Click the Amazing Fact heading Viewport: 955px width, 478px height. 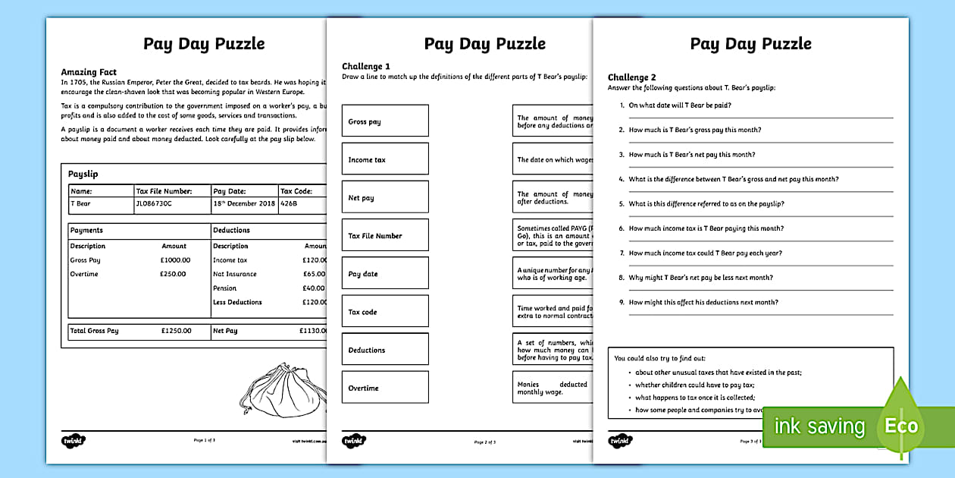click(x=89, y=72)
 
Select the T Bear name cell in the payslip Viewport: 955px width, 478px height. click(x=80, y=204)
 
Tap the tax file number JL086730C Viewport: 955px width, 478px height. click(x=154, y=204)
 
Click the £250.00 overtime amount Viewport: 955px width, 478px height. click(x=173, y=274)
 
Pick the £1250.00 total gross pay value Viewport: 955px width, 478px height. click(x=176, y=331)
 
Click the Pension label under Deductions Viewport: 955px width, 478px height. click(x=225, y=288)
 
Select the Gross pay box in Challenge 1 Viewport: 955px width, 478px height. click(x=385, y=121)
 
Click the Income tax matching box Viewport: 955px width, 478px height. click(x=385, y=159)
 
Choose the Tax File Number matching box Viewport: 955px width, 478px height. click(x=385, y=235)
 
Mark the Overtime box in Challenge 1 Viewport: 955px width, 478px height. click(x=385, y=388)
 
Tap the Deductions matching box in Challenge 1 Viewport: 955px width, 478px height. click(x=385, y=350)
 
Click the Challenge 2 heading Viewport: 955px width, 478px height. click(x=632, y=77)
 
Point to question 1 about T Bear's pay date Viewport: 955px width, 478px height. click(x=680, y=105)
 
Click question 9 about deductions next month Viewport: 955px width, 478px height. click(x=703, y=302)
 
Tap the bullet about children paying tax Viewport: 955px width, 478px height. click(x=695, y=385)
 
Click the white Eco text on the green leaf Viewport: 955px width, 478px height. click(x=901, y=426)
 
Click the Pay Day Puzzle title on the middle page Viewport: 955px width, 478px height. click(x=485, y=43)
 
